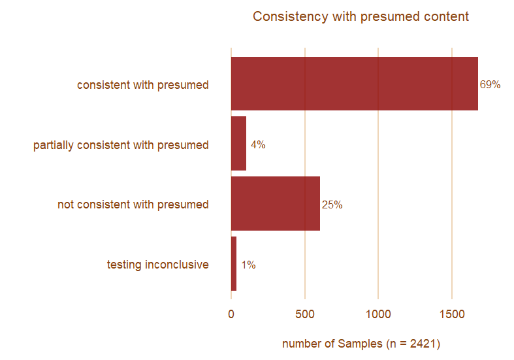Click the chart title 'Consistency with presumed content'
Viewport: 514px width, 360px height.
tap(361, 16)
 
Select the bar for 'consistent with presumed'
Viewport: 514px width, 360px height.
tap(354, 84)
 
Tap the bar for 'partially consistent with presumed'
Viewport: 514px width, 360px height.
tap(238, 144)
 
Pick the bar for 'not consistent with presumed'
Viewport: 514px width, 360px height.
tap(275, 204)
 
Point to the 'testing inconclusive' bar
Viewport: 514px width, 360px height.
tap(234, 264)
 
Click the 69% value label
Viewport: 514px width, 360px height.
tap(490, 84)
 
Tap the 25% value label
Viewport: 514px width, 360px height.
tap(332, 205)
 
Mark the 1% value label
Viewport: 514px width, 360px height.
tap(248, 265)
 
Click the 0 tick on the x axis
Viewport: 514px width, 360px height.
tap(231, 314)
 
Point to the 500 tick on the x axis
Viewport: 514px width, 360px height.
tap(305, 314)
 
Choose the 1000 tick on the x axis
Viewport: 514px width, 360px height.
tap(378, 314)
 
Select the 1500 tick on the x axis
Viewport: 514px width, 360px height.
tap(452, 314)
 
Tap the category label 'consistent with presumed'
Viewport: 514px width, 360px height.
tap(142, 85)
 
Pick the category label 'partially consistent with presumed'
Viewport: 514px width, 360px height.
tap(121, 145)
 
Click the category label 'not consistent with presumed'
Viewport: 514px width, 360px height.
tap(133, 205)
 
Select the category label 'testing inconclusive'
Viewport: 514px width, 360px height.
tap(157, 265)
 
